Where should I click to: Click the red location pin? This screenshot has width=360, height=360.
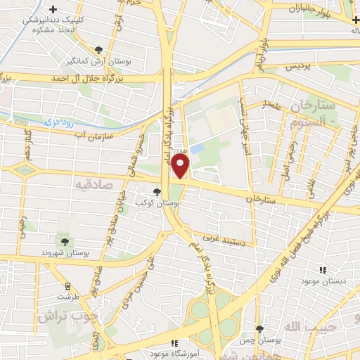[181, 165]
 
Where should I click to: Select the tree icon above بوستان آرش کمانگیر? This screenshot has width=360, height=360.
[98, 49]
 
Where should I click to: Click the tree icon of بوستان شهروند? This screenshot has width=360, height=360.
[65, 241]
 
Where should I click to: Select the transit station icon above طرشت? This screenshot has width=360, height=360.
[68, 286]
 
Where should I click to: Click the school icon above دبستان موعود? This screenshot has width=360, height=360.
[323, 269]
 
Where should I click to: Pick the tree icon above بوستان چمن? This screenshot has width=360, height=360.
[259, 329]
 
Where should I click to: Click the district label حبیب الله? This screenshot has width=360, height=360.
[306, 327]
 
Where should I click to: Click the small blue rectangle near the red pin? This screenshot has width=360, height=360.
[197, 148]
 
